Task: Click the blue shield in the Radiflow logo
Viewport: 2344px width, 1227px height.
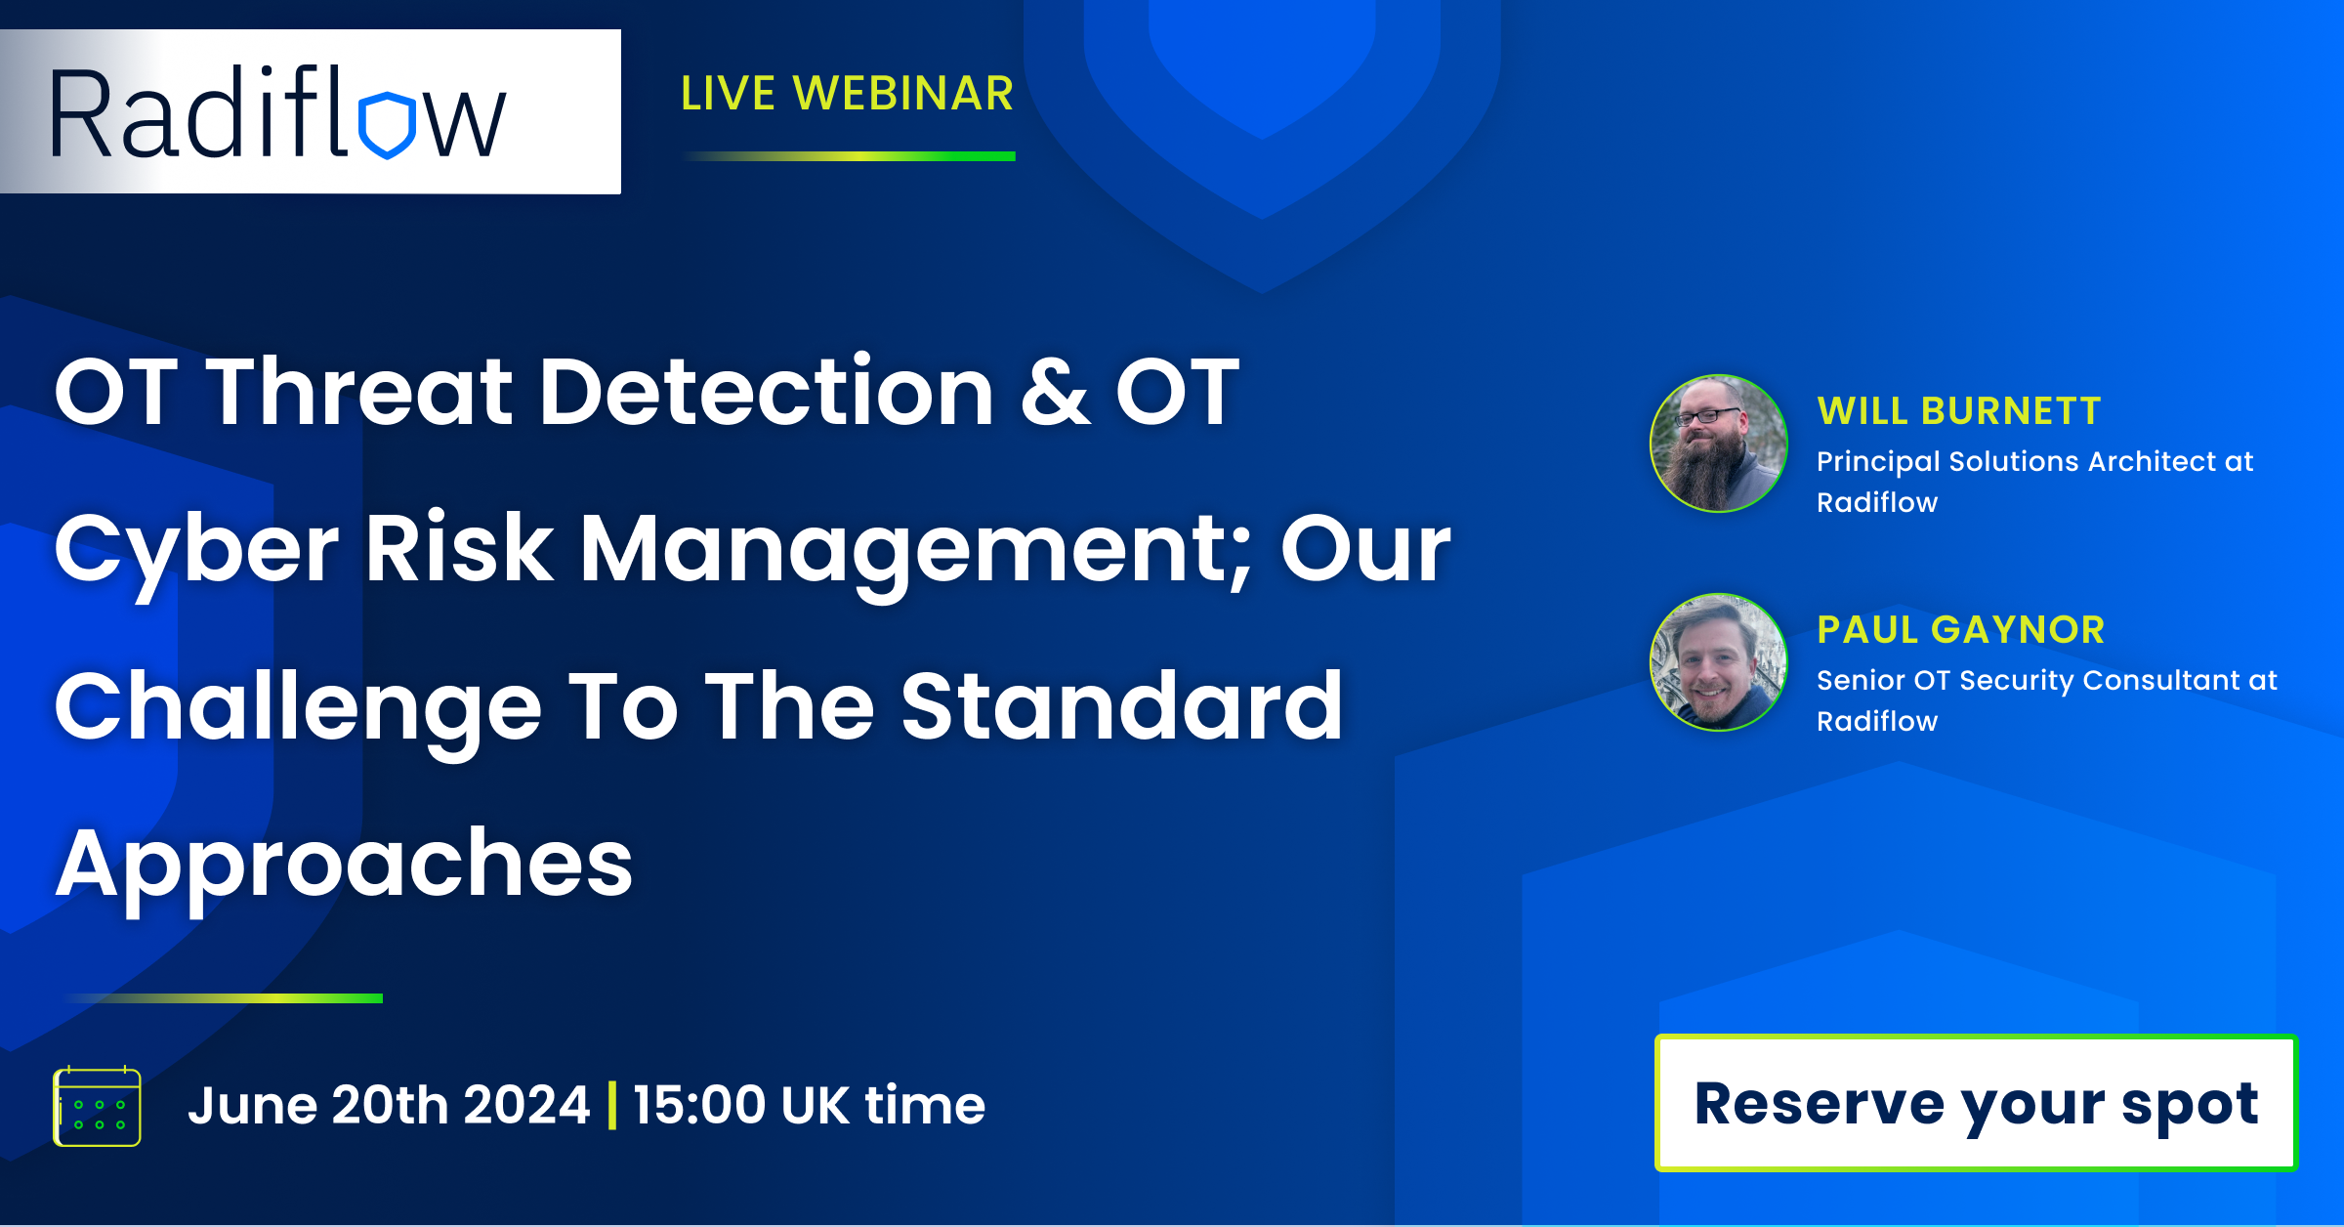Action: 388,125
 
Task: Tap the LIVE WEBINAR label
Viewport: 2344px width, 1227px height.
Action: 847,94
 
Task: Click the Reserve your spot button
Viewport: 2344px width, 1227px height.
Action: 1976,1103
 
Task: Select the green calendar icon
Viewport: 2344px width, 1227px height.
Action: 97,1106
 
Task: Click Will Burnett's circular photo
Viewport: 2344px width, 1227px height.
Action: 1719,444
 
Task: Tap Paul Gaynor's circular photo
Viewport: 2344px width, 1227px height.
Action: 1719,662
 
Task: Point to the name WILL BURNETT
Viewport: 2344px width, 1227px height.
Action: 1958,411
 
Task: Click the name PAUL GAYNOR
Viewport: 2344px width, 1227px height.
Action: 1960,630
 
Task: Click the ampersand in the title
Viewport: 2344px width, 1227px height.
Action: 1055,392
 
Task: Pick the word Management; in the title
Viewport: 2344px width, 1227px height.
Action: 915,552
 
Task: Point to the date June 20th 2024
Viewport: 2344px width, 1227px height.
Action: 389,1106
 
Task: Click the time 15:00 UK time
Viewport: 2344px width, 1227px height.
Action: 809,1106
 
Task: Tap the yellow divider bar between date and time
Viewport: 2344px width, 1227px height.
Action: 612,1106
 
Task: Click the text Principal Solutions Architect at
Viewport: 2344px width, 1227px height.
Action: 2035,462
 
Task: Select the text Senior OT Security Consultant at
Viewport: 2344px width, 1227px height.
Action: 2047,681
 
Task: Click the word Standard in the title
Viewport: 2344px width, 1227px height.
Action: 1121,706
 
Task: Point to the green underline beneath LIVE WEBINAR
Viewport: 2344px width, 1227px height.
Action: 849,156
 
